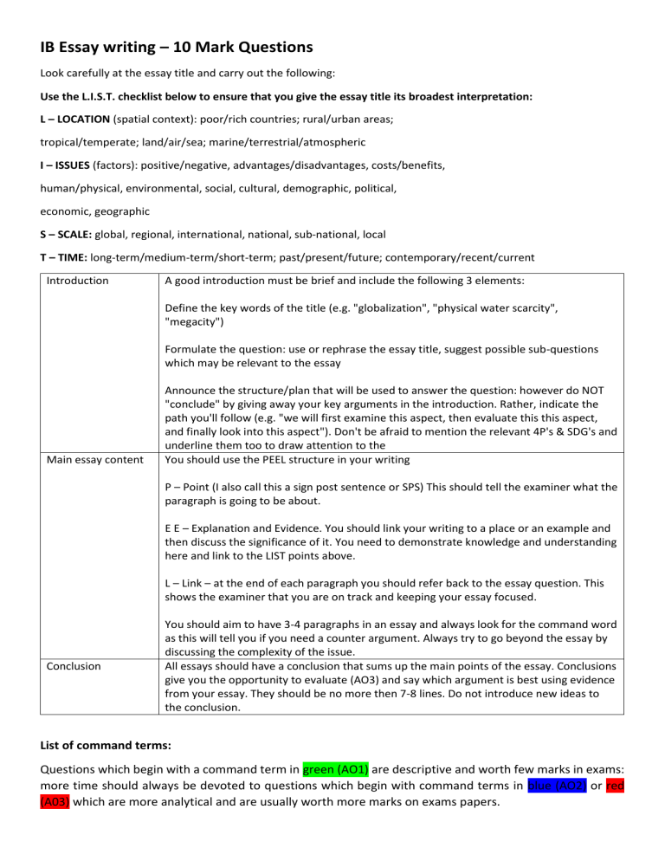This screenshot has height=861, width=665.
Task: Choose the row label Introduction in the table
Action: [x=77, y=281]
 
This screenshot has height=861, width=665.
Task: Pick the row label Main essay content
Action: [x=94, y=459]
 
